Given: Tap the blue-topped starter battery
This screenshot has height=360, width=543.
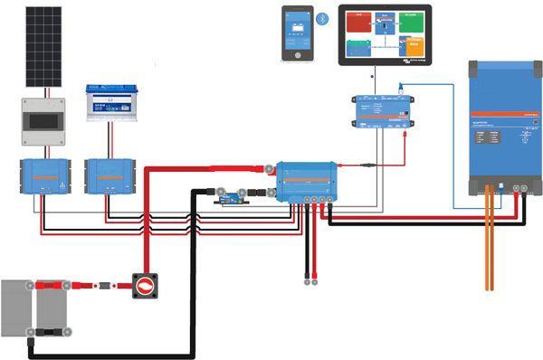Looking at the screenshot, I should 110,102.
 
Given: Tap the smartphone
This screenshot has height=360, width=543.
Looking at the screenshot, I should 299,33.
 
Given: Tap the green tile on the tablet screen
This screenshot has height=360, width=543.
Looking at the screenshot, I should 360,46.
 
